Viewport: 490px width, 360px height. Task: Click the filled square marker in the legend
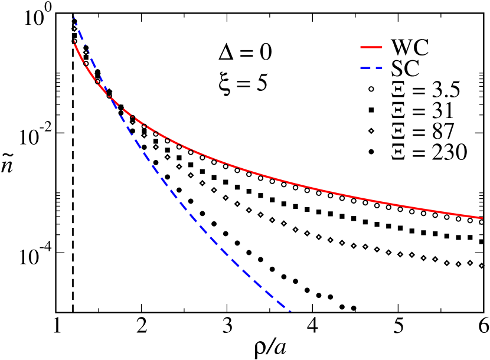[371, 110]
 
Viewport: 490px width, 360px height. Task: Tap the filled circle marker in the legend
[371, 152]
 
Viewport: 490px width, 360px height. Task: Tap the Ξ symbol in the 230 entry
[398, 152]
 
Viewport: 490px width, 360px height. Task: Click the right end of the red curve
[482, 218]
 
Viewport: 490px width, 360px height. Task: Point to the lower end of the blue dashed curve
[290, 310]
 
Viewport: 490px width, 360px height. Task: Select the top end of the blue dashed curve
[74, 17]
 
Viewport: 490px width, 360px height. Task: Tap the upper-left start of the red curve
[74, 41]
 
